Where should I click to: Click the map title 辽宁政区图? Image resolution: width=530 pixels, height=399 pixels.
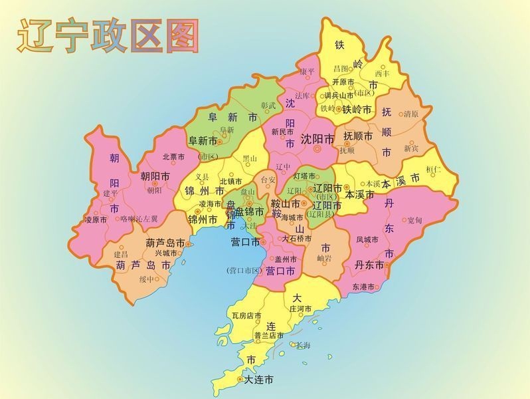108,35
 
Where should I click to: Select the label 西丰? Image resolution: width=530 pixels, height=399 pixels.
382,72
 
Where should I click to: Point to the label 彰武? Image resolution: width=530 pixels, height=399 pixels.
268,105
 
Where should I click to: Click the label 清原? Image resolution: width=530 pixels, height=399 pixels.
411,114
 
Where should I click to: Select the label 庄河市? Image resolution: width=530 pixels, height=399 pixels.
301,309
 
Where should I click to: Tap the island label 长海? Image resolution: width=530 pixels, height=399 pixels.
303,345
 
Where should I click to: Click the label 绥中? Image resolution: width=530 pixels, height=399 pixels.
146,279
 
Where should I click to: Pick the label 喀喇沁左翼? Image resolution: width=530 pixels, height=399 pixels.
139,219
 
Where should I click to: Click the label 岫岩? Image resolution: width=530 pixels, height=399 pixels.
324,257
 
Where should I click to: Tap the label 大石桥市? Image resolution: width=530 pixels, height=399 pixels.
296,238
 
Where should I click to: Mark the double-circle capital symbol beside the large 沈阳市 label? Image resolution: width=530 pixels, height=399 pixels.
317,149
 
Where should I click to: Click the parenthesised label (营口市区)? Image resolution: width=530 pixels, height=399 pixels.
245,270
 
